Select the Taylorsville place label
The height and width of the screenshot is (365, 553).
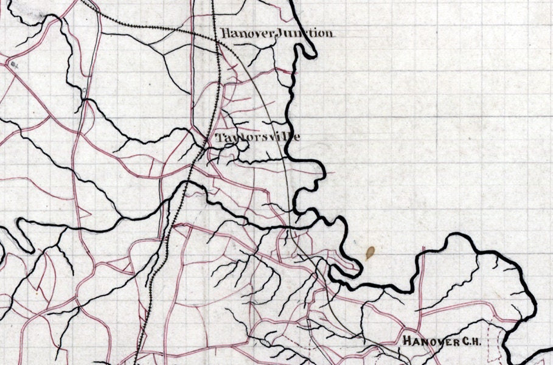click(258, 138)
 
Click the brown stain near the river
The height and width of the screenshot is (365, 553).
click(370, 252)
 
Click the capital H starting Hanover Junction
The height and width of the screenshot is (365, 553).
click(225, 33)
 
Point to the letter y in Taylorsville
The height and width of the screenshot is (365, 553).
click(232, 139)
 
